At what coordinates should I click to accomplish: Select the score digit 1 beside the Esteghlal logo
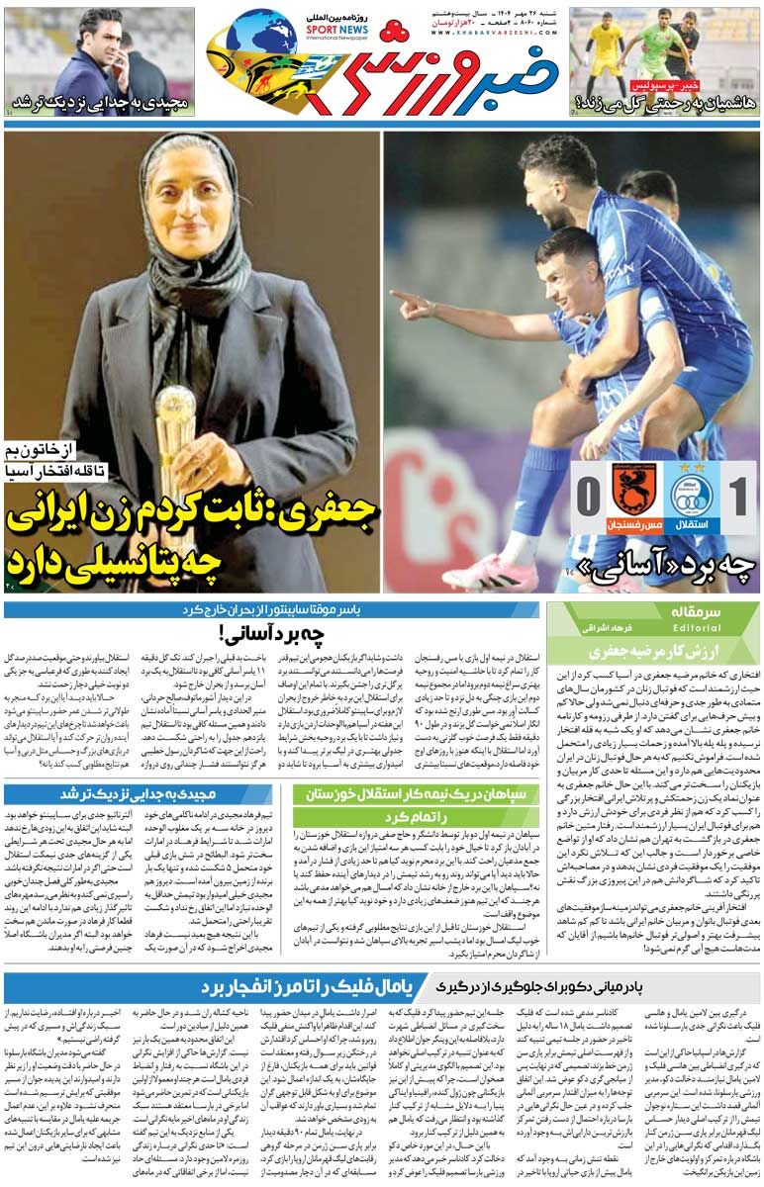click(x=736, y=496)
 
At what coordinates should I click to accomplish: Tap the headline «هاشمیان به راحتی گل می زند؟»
click(x=666, y=102)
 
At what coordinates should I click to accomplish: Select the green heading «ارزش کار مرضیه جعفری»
click(x=654, y=650)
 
